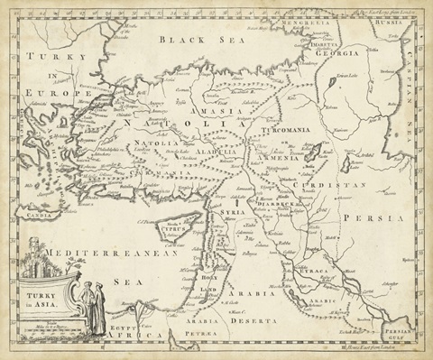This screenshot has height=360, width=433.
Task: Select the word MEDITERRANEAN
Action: (106, 255)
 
